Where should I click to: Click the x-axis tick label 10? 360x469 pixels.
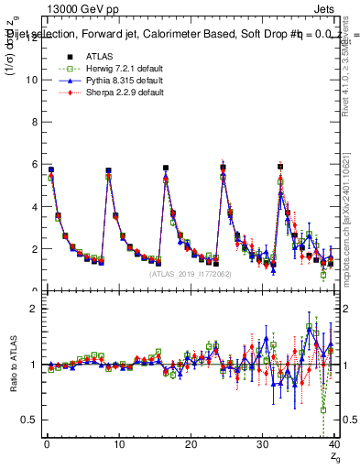118,445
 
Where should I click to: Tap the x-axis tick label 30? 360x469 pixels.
262,445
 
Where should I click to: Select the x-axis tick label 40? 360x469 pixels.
333,445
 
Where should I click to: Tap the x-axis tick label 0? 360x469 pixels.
46,445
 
